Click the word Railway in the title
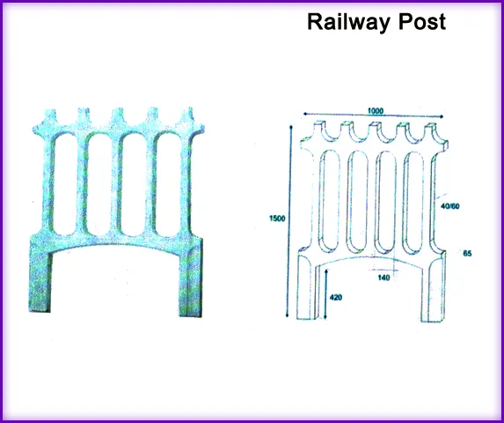[350, 22]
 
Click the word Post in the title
[422, 21]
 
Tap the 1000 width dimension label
[376, 111]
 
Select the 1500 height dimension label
[277, 219]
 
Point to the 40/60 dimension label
[449, 206]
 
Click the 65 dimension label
[467, 253]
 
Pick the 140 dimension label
[383, 278]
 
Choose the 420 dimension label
[336, 297]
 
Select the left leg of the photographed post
[40, 274]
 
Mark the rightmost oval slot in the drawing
[414, 203]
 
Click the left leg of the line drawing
[307, 286]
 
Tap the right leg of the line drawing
[434, 288]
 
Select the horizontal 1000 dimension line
[374, 116]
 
